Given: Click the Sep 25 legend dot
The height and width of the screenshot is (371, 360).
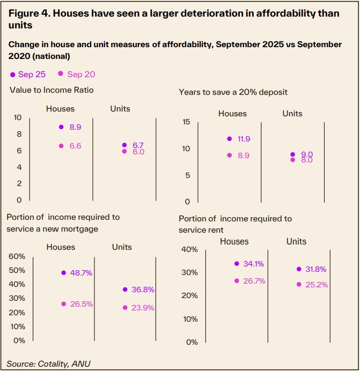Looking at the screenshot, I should (13, 75).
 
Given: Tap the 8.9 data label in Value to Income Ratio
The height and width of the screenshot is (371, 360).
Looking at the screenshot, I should (75, 127).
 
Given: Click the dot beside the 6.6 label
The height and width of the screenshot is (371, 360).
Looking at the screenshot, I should (61, 146).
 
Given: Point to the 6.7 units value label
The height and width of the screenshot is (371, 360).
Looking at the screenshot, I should (138, 145).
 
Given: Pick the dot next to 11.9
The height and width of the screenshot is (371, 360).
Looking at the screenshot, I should (229, 139).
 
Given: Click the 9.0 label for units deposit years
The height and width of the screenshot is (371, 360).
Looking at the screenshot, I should (306, 154).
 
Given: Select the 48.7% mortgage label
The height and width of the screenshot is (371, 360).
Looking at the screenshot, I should (81, 273).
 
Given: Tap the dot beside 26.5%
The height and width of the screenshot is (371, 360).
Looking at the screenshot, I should (63, 304).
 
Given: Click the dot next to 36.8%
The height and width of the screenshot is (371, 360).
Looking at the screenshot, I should (125, 290).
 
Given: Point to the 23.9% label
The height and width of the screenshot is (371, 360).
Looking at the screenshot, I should (143, 308).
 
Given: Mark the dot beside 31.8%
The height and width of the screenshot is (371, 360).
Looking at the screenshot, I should (299, 269).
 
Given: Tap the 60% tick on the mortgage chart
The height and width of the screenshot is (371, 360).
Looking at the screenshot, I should (17, 256).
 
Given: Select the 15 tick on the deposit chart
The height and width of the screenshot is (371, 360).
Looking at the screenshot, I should (186, 122).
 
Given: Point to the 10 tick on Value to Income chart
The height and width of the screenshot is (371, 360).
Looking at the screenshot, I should (18, 117).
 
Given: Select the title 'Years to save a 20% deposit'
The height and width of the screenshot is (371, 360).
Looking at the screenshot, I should (233, 92).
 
